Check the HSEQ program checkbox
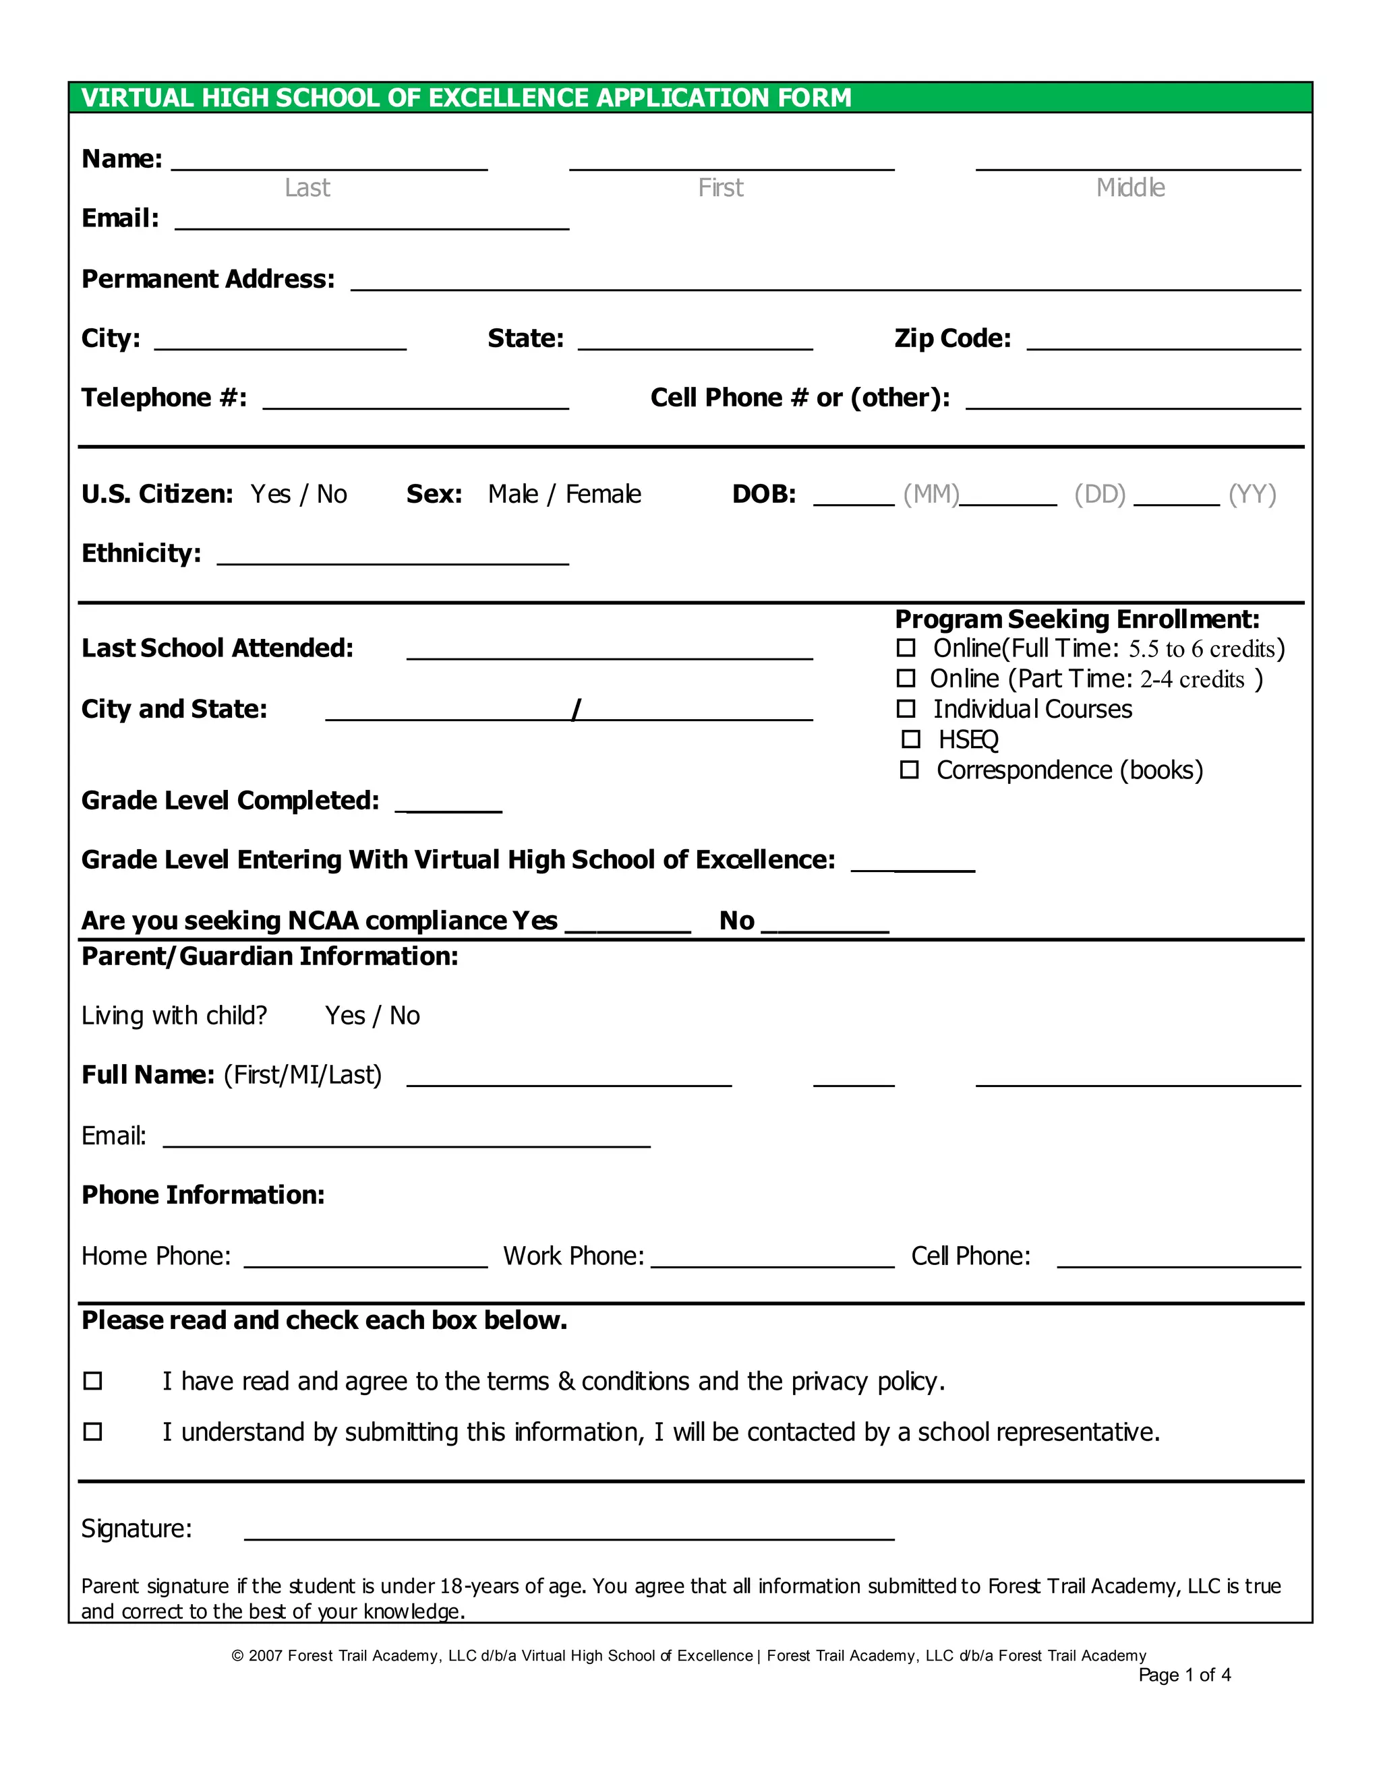(x=910, y=739)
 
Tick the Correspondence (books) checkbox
(x=909, y=770)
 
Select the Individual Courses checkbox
(x=906, y=708)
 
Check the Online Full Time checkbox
(x=906, y=648)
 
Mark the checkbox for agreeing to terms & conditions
(x=93, y=1380)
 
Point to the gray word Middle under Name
(x=1131, y=188)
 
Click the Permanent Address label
(x=208, y=279)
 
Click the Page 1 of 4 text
(x=1184, y=1675)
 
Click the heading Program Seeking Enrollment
(x=1077, y=619)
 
